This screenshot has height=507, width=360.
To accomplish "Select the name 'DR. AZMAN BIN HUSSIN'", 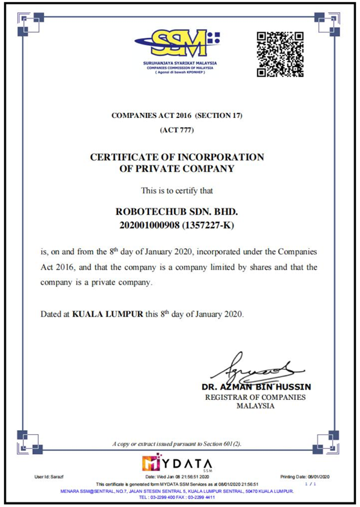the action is (x=256, y=386).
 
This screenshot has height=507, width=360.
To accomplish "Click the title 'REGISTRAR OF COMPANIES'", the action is (x=255, y=397).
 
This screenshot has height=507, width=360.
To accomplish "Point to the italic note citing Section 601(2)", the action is (x=176, y=444).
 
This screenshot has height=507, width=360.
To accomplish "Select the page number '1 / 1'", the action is (x=314, y=483).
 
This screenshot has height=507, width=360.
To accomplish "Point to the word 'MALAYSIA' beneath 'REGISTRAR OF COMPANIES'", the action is (x=255, y=406).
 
